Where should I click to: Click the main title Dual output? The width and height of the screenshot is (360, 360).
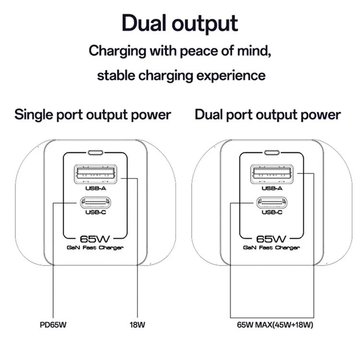(x=180, y=23)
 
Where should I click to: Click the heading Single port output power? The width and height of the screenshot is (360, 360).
(x=93, y=115)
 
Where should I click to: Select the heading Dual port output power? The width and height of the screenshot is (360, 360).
(x=268, y=115)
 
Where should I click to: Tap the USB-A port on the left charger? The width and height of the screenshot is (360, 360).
(x=96, y=174)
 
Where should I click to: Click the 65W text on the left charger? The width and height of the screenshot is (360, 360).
(x=96, y=238)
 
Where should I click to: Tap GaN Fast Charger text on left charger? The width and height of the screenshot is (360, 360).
(x=96, y=248)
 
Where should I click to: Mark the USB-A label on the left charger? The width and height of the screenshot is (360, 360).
(x=96, y=189)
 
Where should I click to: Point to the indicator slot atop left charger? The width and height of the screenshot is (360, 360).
(x=96, y=154)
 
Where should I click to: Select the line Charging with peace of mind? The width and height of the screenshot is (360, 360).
(x=180, y=50)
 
